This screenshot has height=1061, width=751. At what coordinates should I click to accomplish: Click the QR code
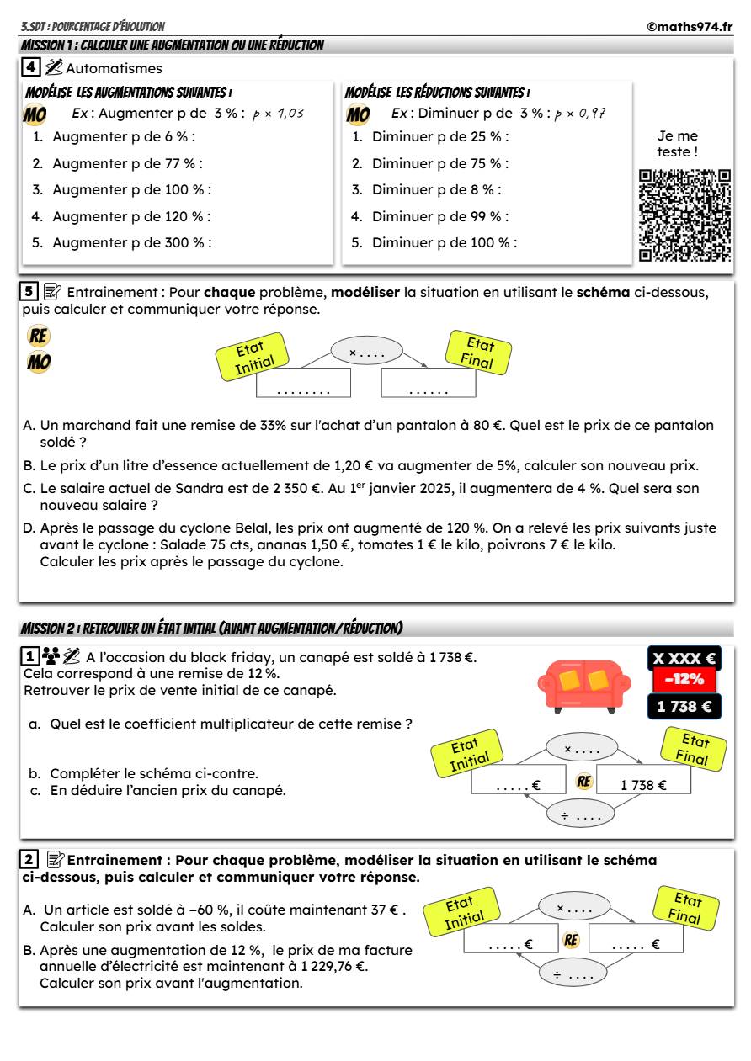coord(684,215)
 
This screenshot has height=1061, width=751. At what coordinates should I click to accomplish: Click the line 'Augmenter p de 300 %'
coord(131,243)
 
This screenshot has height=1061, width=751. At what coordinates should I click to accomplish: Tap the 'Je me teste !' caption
coord(677,144)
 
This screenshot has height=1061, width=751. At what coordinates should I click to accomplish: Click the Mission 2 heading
coord(211,629)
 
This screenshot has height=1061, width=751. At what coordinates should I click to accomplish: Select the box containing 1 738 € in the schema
coord(643,785)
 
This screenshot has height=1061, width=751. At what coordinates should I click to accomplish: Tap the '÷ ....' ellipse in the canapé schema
coord(581,815)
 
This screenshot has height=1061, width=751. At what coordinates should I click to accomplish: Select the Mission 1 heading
coord(172,45)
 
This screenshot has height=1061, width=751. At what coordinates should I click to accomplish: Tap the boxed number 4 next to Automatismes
coord(30,67)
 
